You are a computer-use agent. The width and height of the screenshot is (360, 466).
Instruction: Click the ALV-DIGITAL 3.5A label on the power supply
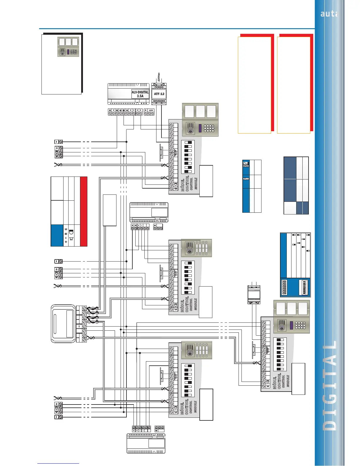(x=140, y=94)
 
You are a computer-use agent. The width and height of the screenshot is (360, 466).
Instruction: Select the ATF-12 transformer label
(x=159, y=94)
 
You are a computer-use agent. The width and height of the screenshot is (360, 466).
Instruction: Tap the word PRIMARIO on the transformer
(x=159, y=87)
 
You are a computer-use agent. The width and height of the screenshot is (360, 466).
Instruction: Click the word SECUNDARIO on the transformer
(x=159, y=101)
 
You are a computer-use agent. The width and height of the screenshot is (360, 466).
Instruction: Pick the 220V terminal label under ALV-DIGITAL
(x=151, y=110)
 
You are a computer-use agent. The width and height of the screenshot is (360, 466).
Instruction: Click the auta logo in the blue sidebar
(x=329, y=14)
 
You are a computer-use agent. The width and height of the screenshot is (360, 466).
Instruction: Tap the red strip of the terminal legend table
(x=84, y=211)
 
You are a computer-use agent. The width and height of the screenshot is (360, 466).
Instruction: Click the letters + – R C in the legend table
(x=66, y=235)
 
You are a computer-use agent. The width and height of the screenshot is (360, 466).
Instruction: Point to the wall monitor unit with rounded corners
(x=63, y=324)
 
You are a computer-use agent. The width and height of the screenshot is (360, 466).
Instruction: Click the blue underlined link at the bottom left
(x=58, y=463)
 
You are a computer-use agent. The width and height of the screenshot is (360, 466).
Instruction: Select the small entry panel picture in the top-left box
(x=68, y=46)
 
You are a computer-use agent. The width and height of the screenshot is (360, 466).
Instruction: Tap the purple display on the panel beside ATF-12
(x=200, y=128)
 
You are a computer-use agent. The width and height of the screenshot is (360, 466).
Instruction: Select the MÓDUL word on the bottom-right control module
(x=275, y=383)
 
